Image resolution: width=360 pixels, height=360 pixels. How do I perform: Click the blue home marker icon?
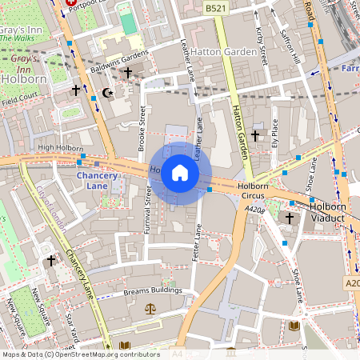pos(180,173)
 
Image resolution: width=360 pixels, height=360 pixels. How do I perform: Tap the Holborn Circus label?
pos(254,191)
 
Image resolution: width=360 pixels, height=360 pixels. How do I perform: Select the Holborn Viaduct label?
pos(327,210)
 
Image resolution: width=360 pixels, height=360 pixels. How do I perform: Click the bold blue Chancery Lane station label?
pos(97,180)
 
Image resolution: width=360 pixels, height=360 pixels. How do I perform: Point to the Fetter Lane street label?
pos(198,243)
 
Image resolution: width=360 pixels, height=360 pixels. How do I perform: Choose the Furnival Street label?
pos(147,210)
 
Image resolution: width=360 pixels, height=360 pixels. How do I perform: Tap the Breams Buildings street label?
pos(153,291)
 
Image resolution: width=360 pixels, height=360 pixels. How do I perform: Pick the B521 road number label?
pos(213,8)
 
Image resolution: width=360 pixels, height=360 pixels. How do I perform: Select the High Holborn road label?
pos(61,148)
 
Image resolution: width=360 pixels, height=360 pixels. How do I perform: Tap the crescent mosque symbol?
pos(110,93)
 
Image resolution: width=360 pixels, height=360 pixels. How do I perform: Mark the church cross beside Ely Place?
pos(256,135)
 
